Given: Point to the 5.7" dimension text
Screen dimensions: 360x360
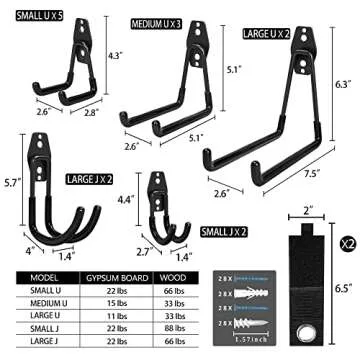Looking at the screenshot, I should point(12,183).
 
